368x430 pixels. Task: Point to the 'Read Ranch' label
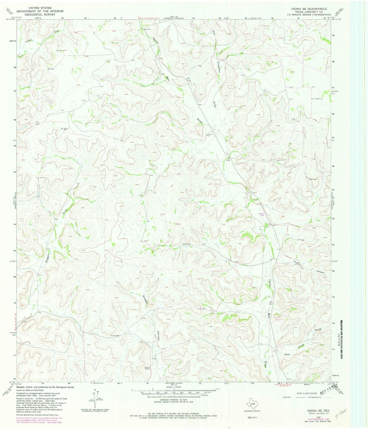(x=186, y=244)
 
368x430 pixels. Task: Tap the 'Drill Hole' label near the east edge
(x=312, y=179)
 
